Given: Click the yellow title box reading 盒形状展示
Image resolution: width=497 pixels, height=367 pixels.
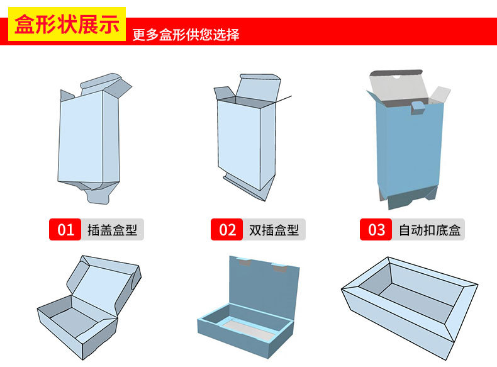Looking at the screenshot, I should pos(67,25).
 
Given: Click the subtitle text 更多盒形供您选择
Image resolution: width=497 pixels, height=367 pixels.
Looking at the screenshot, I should pos(186,35).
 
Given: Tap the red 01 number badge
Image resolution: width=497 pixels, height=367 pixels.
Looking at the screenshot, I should pos(65,230).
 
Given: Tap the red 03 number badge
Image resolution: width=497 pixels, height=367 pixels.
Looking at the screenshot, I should pos(376,230).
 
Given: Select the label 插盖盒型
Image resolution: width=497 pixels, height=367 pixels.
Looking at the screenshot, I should pos(113,230).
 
